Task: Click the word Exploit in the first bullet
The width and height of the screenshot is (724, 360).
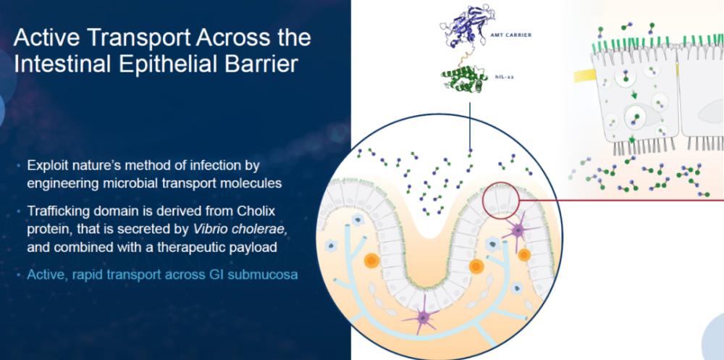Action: (48, 165)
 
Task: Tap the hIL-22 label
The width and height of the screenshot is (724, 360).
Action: (503, 77)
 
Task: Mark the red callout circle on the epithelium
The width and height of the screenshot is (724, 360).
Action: (483, 200)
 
